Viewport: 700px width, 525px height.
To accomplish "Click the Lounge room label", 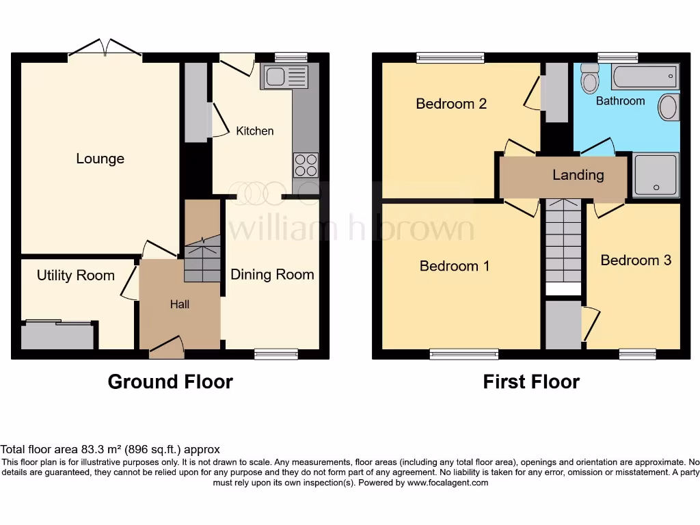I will [100, 159].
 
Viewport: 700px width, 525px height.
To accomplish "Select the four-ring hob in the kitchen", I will [305, 165].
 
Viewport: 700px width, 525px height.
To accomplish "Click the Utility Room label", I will [75, 275].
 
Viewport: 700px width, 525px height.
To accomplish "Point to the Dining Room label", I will [272, 274].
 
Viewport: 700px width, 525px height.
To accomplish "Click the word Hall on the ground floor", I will [180, 304].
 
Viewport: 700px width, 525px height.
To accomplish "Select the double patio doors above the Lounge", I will [105, 49].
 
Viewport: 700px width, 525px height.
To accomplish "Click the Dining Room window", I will [276, 353].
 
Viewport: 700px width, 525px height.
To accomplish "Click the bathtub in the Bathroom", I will [645, 77].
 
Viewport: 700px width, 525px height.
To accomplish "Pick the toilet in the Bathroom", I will [589, 80].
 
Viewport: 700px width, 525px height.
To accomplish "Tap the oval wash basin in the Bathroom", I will [669, 107].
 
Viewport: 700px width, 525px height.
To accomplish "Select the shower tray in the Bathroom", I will [656, 174].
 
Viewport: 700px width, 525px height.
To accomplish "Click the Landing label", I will [578, 175].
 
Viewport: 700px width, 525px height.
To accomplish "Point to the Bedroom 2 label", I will [451, 104].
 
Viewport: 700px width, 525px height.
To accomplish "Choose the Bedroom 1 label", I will [454, 266].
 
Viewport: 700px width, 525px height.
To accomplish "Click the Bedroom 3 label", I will [636, 260].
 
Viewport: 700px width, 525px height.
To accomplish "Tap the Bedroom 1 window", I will [464, 353].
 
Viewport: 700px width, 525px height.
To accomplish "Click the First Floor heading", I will [531, 381].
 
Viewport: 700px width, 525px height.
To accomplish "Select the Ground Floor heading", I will [170, 381].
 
